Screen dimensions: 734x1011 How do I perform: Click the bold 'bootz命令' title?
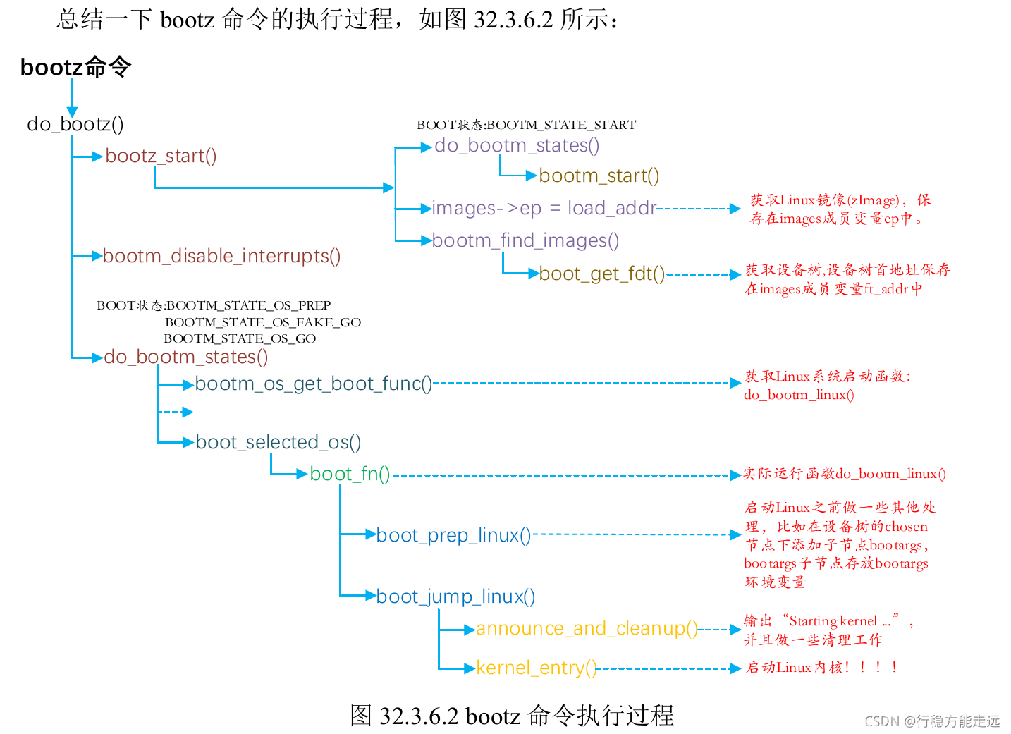pyautogui.click(x=75, y=67)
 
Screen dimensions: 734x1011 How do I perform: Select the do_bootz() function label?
pyautogui.click(x=75, y=124)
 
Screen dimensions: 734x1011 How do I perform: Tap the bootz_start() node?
pyautogui.click(x=161, y=156)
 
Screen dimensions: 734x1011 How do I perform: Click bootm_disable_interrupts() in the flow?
pyautogui.click(x=221, y=256)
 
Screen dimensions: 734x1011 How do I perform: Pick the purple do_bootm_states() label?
pyautogui.click(x=517, y=145)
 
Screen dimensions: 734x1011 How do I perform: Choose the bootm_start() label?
pyautogui.click(x=599, y=176)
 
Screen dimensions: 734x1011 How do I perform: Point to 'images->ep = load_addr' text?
pyautogui.click(x=544, y=208)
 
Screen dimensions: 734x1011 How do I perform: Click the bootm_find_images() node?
pyautogui.click(x=525, y=240)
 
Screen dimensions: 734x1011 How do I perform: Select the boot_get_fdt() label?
pyautogui.click(x=601, y=274)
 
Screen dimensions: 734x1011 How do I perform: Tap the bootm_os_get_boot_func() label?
pyautogui.click(x=313, y=384)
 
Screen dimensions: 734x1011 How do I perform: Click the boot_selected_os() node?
pyautogui.click(x=278, y=442)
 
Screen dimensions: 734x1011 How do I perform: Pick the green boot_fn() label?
pyautogui.click(x=350, y=474)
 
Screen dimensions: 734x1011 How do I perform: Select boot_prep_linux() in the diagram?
pyautogui.click(x=453, y=535)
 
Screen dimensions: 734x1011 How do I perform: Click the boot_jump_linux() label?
pyautogui.click(x=455, y=597)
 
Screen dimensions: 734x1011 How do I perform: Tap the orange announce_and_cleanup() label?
pyautogui.click(x=587, y=628)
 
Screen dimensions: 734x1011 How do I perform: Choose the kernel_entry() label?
pyautogui.click(x=536, y=668)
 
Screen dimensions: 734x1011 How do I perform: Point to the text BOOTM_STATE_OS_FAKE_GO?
pyautogui.click(x=263, y=322)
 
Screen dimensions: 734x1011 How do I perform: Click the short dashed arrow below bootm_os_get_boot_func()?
pyautogui.click(x=176, y=412)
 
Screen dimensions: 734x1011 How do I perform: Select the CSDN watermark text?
pyautogui.click(x=931, y=721)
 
